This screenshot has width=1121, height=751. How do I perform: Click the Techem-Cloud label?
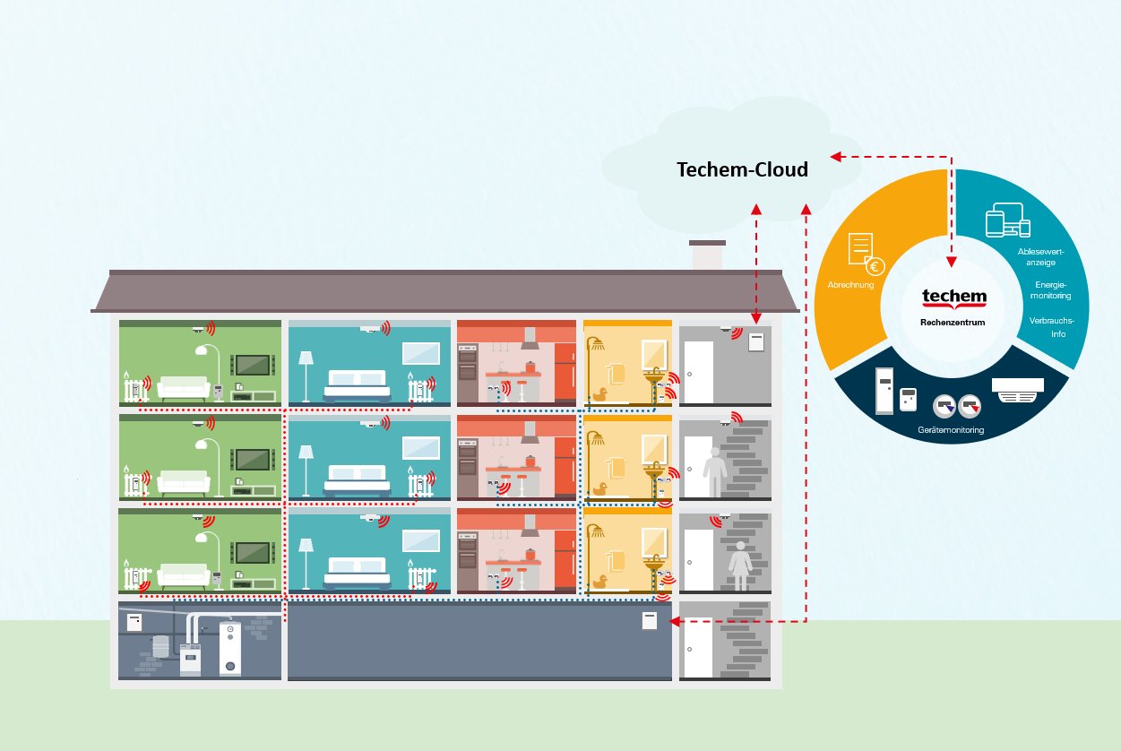click(x=742, y=169)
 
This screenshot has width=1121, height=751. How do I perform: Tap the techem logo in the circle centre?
click(x=953, y=298)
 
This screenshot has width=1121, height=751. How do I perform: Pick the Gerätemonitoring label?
click(x=951, y=431)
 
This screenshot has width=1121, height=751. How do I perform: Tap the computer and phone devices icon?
click(x=1008, y=221)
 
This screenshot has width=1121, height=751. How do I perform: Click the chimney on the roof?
click(x=706, y=255)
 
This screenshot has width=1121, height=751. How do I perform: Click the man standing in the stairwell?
click(x=714, y=471)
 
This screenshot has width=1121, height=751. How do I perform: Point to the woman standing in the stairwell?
click(x=741, y=564)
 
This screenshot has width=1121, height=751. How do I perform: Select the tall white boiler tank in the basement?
click(x=231, y=649)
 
